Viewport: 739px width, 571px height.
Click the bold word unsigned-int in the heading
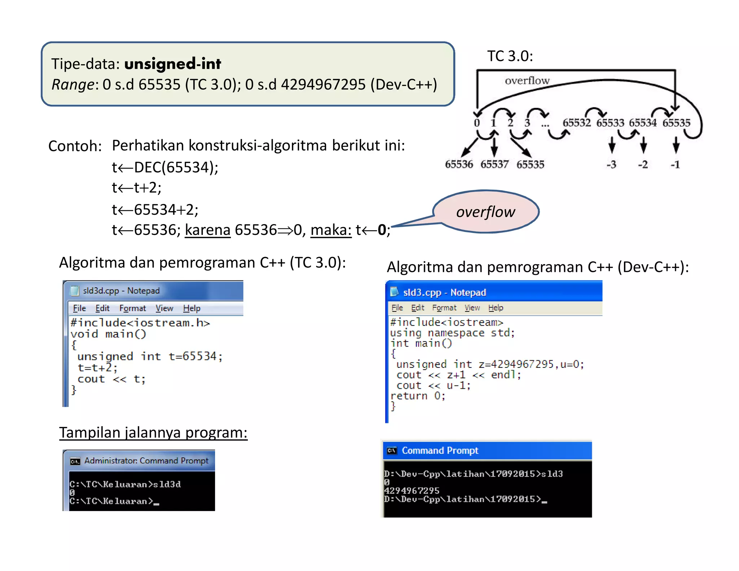click(172, 64)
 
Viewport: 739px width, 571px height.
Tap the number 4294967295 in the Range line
click(323, 84)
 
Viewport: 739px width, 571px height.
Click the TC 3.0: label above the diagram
click(510, 56)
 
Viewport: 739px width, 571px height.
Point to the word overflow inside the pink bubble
click(485, 212)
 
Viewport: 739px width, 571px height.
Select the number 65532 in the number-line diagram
click(577, 123)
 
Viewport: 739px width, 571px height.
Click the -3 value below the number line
click(611, 165)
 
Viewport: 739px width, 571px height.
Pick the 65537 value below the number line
click(494, 165)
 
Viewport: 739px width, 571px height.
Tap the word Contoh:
click(75, 146)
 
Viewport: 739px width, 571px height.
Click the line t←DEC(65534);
click(165, 167)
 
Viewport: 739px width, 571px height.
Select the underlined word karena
click(207, 230)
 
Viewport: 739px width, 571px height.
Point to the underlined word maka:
click(331, 230)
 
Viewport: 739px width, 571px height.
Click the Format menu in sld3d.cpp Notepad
click(132, 308)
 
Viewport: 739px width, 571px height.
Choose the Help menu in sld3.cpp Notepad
click(495, 308)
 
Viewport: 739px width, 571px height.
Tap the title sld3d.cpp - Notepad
click(121, 291)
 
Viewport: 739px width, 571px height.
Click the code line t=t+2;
click(97, 368)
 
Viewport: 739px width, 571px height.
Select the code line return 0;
click(418, 396)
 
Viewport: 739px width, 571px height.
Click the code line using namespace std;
click(452, 333)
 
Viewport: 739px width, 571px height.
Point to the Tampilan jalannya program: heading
click(153, 432)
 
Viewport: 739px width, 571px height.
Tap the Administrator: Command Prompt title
click(146, 461)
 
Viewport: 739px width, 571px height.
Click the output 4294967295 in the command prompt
click(412, 491)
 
